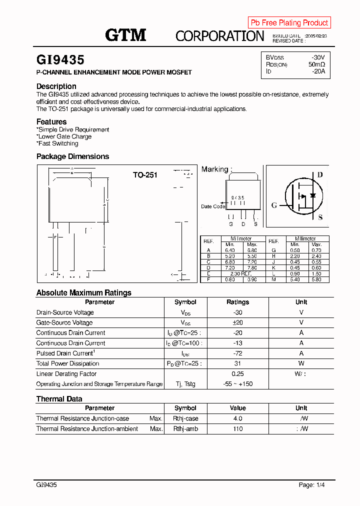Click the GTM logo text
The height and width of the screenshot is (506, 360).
click(x=125, y=35)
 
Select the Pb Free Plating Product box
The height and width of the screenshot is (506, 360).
click(x=289, y=22)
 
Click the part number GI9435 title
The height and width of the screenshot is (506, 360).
click(x=60, y=60)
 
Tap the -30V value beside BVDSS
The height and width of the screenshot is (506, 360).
click(x=317, y=57)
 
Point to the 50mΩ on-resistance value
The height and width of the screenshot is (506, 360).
click(x=316, y=64)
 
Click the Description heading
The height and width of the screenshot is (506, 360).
click(x=56, y=86)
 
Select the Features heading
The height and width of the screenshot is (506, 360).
click(x=51, y=121)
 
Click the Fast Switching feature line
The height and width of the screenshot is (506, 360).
click(x=57, y=143)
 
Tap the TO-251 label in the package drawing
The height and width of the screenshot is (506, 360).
click(x=145, y=175)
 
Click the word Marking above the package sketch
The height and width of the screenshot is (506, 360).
click(x=214, y=169)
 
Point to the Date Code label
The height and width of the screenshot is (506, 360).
click(x=213, y=206)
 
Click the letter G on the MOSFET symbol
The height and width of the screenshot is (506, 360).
click(x=274, y=205)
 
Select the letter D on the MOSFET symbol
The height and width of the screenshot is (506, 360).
click(x=320, y=174)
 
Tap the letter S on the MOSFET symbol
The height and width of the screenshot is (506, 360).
click(x=320, y=217)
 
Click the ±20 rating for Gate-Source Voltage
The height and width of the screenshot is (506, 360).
click(x=237, y=322)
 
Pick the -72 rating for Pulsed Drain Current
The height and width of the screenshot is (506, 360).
click(x=237, y=353)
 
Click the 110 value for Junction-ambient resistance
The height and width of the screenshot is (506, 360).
click(x=237, y=429)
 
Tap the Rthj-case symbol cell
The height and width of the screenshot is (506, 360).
click(x=185, y=418)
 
